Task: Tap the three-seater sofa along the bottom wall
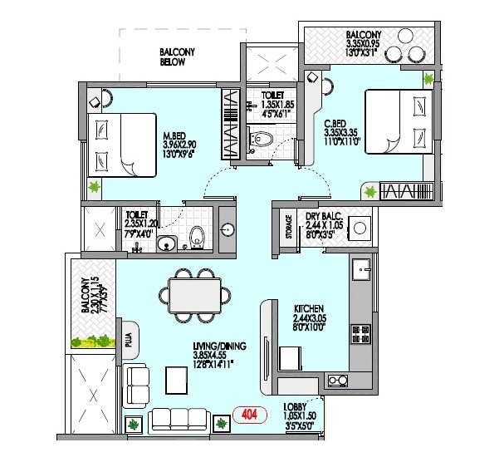tap(178, 419)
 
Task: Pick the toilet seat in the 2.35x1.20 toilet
tap(197, 236)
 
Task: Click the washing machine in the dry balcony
tap(360, 226)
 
